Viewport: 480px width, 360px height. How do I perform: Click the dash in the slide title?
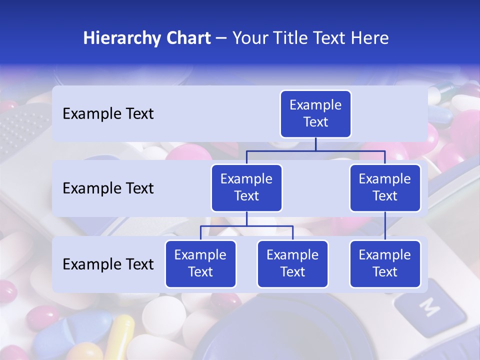[221, 38]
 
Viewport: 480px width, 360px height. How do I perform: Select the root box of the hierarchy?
[315, 114]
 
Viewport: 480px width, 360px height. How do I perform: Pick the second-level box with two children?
[246, 188]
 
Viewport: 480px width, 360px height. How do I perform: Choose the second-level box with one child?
[385, 188]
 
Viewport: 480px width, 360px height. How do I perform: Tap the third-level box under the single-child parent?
[385, 264]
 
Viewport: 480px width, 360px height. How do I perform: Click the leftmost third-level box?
[200, 264]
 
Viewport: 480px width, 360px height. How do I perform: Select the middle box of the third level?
[292, 264]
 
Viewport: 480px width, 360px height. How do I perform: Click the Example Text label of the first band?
[108, 114]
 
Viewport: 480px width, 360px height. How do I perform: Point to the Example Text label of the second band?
[108, 188]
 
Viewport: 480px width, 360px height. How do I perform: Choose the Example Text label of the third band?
[108, 264]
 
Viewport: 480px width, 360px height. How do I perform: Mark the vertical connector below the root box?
[315, 144]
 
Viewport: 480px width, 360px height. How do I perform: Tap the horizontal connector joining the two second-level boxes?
[315, 150]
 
